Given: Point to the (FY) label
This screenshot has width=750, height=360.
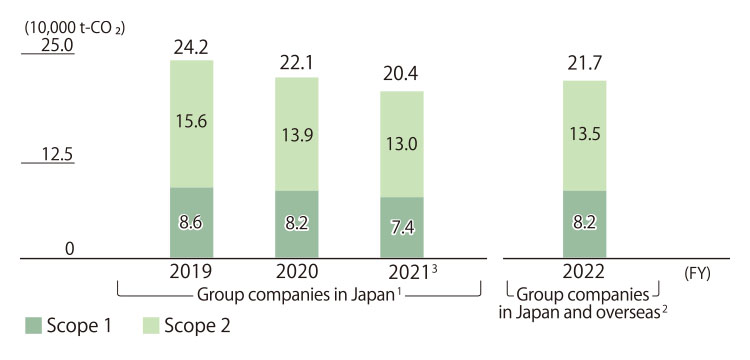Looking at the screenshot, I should (696, 273).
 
